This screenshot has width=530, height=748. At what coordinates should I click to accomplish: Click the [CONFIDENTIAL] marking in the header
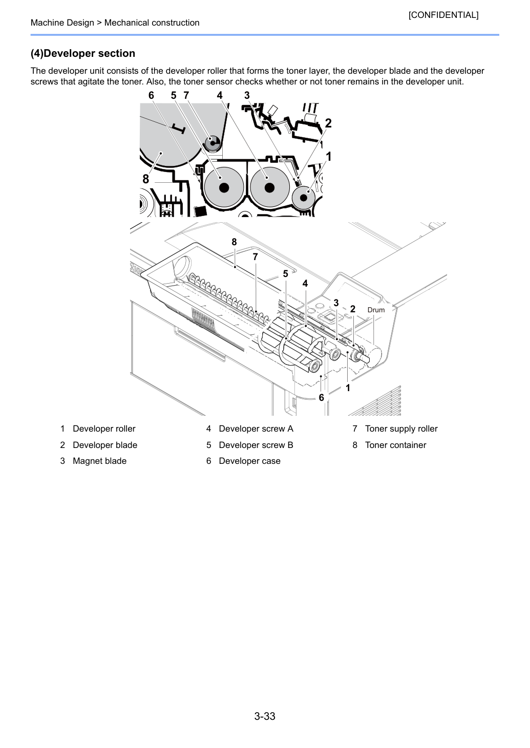point(443,15)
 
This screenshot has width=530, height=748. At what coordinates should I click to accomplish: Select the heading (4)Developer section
point(83,53)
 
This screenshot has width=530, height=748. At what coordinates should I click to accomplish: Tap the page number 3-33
point(265,716)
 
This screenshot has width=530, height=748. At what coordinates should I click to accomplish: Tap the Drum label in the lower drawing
point(376,310)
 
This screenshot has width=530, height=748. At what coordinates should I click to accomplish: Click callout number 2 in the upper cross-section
point(328,123)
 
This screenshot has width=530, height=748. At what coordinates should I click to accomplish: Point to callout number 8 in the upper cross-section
point(145,179)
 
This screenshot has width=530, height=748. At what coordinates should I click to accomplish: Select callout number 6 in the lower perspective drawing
point(321,397)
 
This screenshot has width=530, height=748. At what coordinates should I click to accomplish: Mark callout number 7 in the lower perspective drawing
point(255,257)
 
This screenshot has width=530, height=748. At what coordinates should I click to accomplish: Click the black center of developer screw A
point(269,188)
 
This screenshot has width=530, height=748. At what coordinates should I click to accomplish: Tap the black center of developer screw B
point(224,188)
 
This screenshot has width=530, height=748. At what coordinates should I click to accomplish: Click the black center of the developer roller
point(304,198)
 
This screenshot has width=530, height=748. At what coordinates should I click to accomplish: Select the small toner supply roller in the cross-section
point(212,143)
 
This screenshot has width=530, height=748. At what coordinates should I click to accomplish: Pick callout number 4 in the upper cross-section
point(219,96)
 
